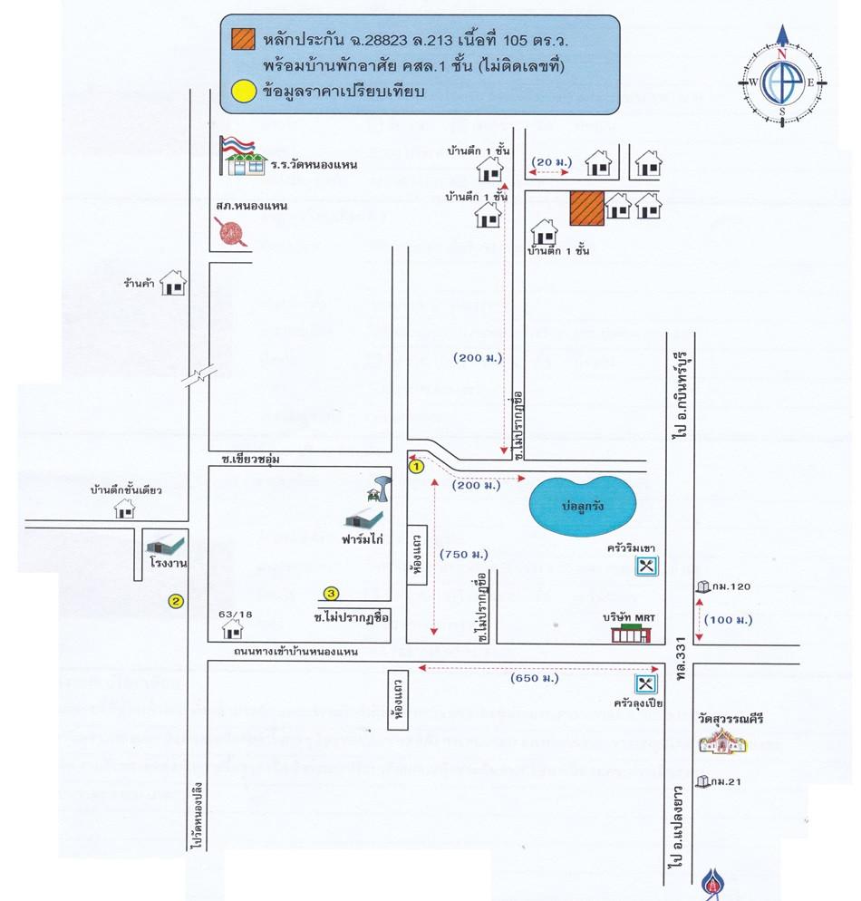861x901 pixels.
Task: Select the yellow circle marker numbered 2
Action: (176, 599)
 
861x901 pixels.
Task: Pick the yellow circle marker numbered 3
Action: (332, 594)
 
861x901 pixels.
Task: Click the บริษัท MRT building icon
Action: (631, 633)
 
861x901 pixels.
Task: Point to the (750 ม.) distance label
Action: (462, 554)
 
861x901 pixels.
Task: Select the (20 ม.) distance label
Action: (551, 162)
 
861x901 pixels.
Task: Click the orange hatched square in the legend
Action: (240, 40)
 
